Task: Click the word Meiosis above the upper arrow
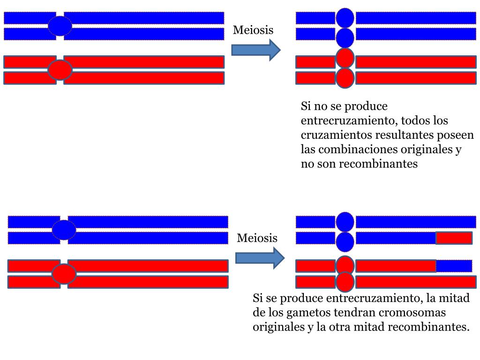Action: tap(253, 30)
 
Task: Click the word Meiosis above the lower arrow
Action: tap(257, 238)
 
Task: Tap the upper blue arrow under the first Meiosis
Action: tap(256, 50)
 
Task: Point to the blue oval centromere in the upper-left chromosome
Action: tap(60, 26)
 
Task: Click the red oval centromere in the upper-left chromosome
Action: tap(60, 70)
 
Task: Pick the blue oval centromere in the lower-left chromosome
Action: tap(64, 230)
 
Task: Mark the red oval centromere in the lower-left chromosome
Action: tap(64, 274)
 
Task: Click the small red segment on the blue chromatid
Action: tap(454, 238)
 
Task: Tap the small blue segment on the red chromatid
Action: tap(454, 266)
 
